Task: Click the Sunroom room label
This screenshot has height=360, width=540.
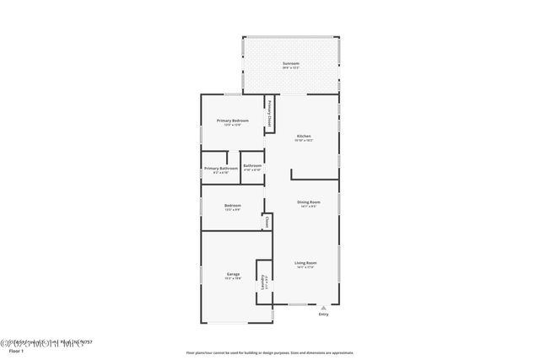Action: [290, 63]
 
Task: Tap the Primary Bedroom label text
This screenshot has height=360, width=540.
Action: [232, 121]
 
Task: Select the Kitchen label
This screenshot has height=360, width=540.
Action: [304, 136]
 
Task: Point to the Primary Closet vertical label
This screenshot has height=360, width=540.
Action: [269, 114]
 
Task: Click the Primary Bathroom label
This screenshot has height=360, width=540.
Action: [220, 168]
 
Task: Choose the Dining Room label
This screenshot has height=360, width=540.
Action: [308, 201]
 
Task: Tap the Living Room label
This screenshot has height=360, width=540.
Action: [305, 262]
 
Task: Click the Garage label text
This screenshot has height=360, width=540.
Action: [233, 274]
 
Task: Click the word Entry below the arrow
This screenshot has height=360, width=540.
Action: [323, 315]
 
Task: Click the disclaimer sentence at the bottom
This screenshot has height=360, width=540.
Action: [270, 352]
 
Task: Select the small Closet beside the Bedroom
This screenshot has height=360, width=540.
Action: [267, 223]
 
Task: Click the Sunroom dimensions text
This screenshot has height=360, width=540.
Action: [290, 68]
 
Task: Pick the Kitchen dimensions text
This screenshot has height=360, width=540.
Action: [304, 141]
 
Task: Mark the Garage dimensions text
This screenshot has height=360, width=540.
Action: [233, 279]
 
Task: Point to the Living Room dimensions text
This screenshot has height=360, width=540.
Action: [305, 267]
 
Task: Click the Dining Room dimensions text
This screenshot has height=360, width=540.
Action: [308, 207]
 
